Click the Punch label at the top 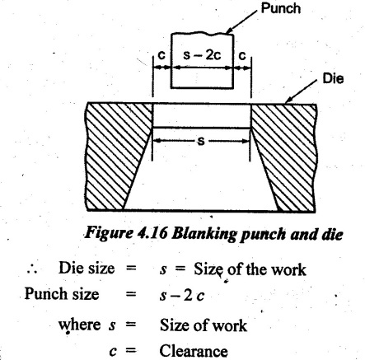281,8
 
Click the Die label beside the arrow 333,78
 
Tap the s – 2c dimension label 202,55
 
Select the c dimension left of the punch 161,55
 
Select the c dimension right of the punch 242,55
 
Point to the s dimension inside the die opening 201,141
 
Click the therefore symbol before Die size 32,269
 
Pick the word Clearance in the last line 194,351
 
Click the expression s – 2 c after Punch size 182,296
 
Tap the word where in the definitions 79,325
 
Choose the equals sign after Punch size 131,294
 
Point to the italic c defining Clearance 113,352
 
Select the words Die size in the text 87,268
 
